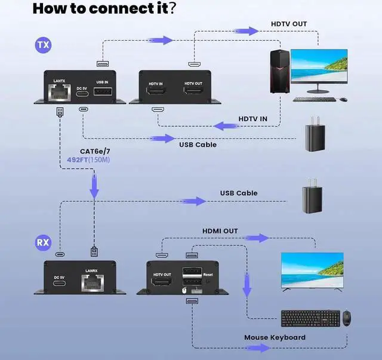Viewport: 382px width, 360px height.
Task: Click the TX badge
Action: pyautogui.click(x=44, y=44)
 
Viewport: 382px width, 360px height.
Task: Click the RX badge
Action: pyautogui.click(x=44, y=242)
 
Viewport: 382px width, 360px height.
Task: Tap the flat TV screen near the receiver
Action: pyautogui.click(x=312, y=271)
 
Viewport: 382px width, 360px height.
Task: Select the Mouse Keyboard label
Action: pyautogui.click(x=275, y=337)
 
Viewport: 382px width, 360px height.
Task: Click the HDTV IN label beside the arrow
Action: pyautogui.click(x=253, y=119)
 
